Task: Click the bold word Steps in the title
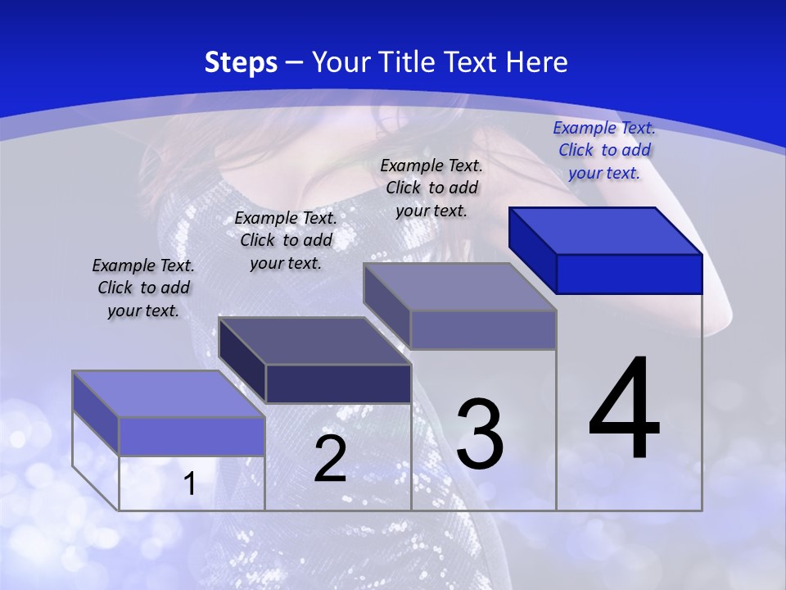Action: [240, 62]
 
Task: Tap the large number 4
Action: [624, 410]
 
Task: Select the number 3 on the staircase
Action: [480, 434]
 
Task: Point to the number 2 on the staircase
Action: [330, 459]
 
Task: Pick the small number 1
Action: [190, 484]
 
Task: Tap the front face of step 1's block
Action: [192, 436]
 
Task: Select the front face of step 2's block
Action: [338, 383]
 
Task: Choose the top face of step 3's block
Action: [459, 288]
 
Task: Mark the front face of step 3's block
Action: [483, 329]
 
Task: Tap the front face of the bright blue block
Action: [629, 274]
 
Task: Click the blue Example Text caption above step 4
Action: [604, 150]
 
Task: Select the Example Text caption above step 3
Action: [431, 188]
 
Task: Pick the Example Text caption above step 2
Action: [286, 240]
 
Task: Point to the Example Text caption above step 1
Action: [143, 288]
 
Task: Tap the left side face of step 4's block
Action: [532, 250]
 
